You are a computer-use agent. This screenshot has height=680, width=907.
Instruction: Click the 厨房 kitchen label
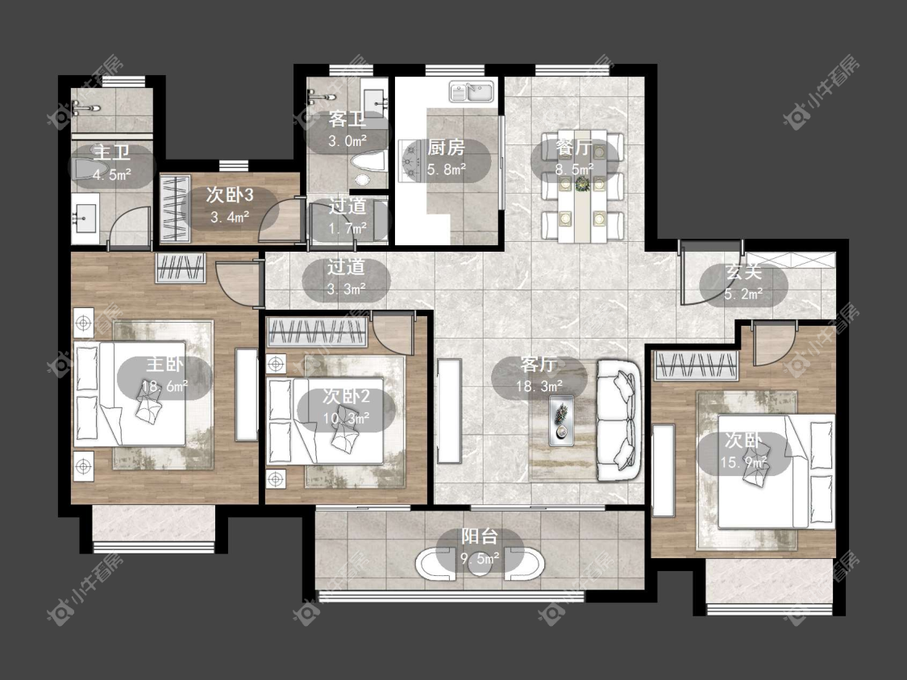[x=446, y=148]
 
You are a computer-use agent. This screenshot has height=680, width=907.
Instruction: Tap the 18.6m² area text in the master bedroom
[x=165, y=386]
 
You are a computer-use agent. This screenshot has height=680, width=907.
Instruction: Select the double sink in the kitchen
[x=472, y=91]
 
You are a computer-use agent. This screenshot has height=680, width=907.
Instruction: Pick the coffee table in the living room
[x=561, y=421]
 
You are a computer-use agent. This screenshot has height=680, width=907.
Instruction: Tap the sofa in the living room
[x=619, y=419]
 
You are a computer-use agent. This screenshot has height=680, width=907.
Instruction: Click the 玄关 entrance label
[x=744, y=271]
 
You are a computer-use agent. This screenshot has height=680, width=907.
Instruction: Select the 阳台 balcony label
[x=480, y=536]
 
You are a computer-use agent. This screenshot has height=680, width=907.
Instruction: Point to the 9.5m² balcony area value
[x=480, y=558]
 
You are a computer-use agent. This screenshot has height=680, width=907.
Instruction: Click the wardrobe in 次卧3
[x=175, y=208]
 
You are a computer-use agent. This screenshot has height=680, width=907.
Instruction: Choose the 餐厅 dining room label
[x=574, y=147]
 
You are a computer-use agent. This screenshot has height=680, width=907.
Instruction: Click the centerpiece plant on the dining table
[x=582, y=184]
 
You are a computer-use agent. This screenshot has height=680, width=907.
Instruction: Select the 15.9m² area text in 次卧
[x=744, y=462]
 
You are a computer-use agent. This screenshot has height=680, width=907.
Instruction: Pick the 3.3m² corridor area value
[x=346, y=289]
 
